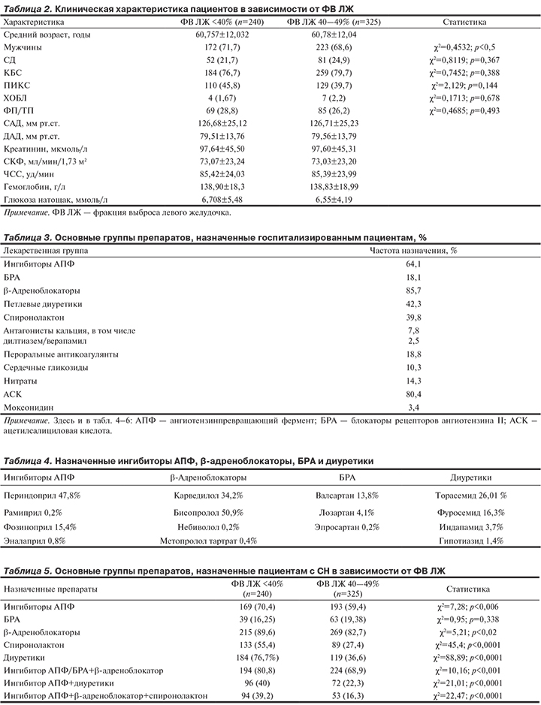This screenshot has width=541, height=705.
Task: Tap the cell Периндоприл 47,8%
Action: pyautogui.click(x=43, y=496)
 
